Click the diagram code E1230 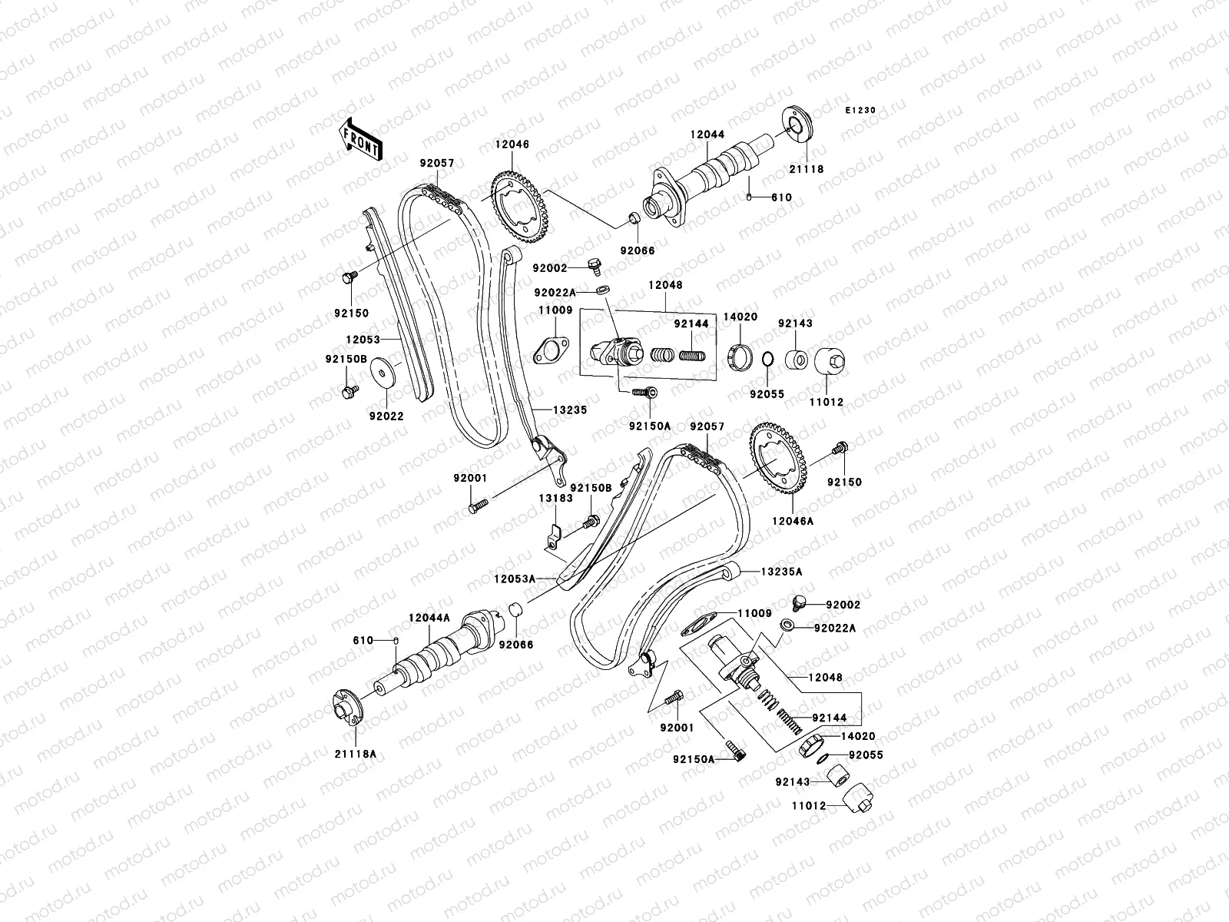[x=861, y=111]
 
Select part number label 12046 [x=533, y=144]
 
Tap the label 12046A [x=793, y=520]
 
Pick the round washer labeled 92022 [x=387, y=374]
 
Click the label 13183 [x=555, y=498]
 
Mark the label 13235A [x=781, y=572]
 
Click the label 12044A [x=429, y=617]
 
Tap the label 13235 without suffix [x=568, y=410]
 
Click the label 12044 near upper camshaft [x=707, y=134]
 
